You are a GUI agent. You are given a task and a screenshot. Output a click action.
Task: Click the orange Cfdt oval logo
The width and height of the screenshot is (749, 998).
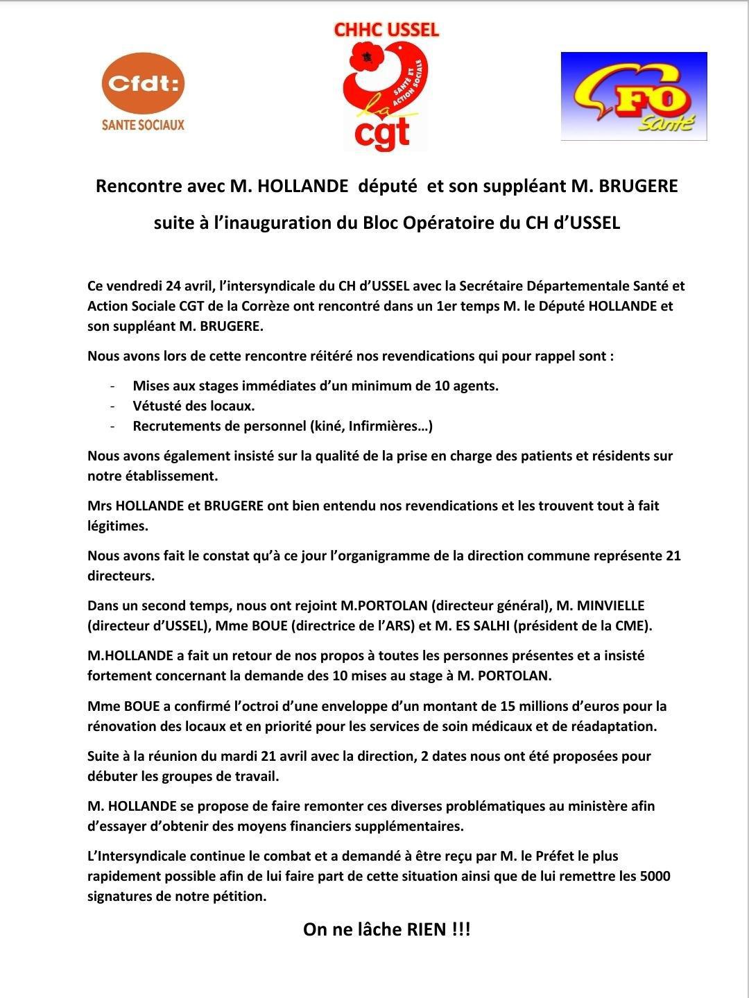pyautogui.click(x=143, y=84)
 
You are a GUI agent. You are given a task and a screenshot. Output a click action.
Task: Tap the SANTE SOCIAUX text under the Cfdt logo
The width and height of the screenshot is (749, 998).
pyautogui.click(x=143, y=125)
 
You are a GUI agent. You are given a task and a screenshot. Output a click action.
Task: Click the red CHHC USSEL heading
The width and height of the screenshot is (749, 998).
pyautogui.click(x=386, y=30)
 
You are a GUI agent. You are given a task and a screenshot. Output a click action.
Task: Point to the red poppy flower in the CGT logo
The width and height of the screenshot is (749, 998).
pyautogui.click(x=365, y=58)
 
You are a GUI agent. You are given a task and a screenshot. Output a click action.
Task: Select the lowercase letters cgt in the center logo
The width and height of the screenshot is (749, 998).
pyautogui.click(x=382, y=132)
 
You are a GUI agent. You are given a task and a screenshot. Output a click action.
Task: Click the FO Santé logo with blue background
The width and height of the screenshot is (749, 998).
pyautogui.click(x=633, y=96)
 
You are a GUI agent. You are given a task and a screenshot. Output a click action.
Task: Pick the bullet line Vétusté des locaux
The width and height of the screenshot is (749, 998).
pyautogui.click(x=193, y=406)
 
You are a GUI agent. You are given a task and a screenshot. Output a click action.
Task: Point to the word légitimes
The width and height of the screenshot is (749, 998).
pyautogui.click(x=118, y=526)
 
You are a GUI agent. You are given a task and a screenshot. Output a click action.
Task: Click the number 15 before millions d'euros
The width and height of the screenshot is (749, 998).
pyautogui.click(x=508, y=706)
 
